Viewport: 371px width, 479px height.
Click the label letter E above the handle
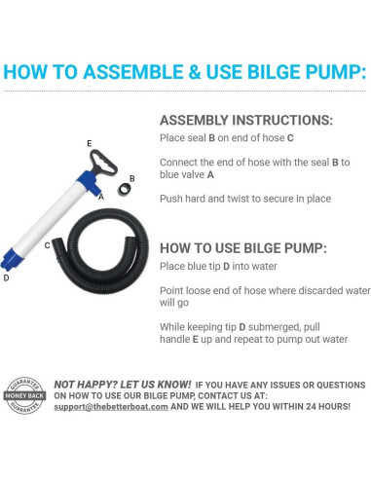[x=90, y=143]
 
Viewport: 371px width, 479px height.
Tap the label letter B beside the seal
[x=131, y=178]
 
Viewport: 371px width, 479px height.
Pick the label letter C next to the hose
[x=48, y=245]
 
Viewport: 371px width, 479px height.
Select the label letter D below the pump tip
[x=6, y=277]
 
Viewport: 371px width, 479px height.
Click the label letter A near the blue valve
[x=101, y=197]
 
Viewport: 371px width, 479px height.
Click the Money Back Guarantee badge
[x=24, y=395]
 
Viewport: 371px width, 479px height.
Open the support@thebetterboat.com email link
[x=111, y=407]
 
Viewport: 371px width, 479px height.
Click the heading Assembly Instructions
[x=246, y=120]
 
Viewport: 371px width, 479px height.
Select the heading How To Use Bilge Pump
[x=243, y=248]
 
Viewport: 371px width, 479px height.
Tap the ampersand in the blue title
[x=195, y=72]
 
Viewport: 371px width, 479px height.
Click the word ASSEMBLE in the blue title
[x=133, y=72]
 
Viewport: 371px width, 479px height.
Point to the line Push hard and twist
[x=245, y=199]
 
